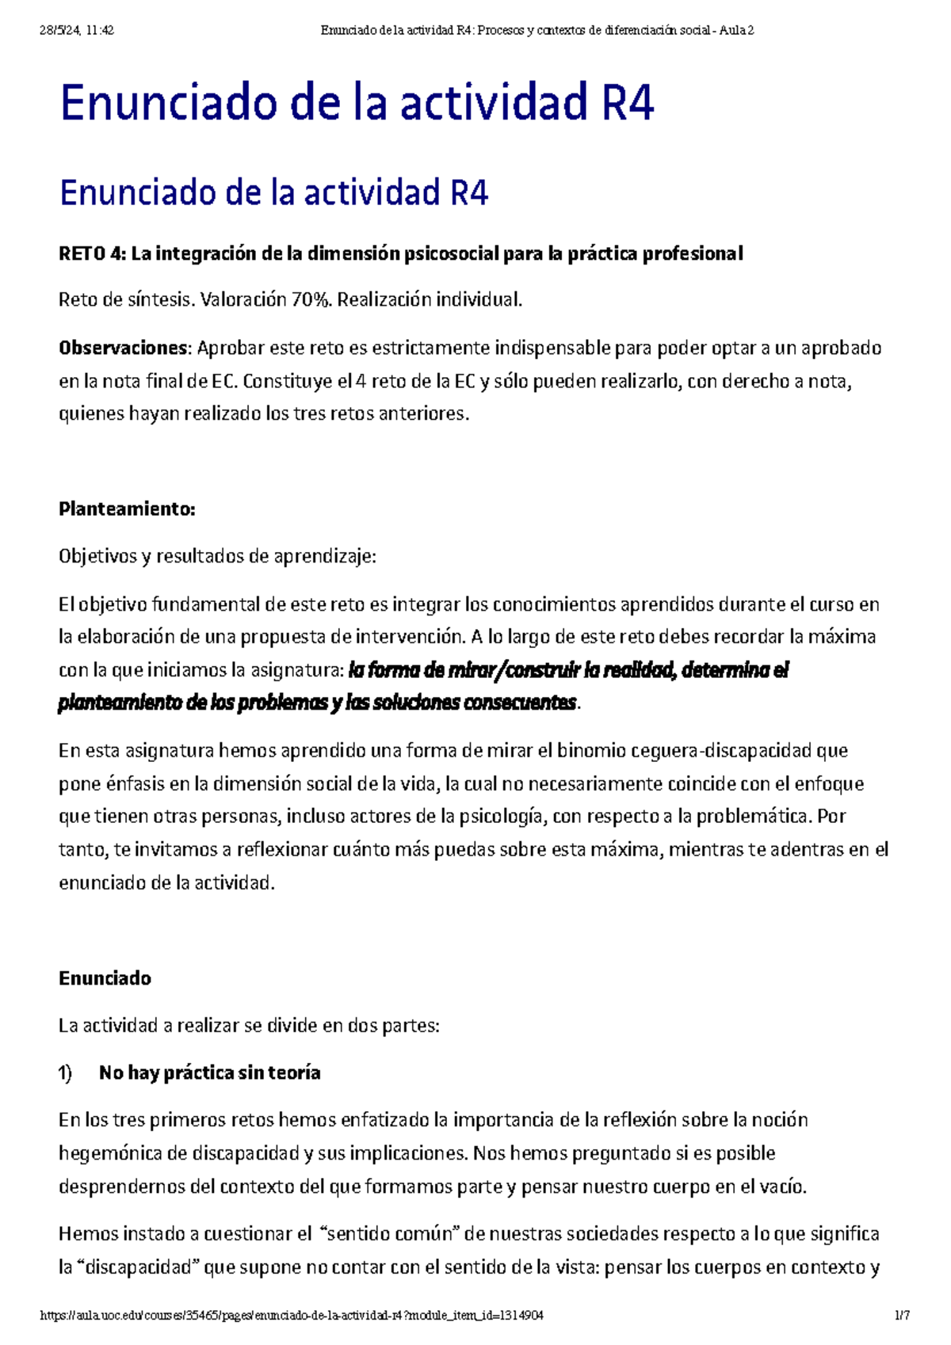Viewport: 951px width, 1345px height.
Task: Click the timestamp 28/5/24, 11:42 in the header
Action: [x=77, y=31]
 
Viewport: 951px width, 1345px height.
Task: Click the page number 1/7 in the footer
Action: [x=901, y=1316]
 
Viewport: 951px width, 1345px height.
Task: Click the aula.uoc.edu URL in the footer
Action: [x=292, y=1316]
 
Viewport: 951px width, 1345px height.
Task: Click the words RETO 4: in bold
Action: [x=92, y=253]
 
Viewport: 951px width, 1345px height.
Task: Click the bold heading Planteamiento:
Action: [x=127, y=509]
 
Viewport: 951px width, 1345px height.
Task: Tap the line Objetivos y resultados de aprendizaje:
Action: [x=217, y=557]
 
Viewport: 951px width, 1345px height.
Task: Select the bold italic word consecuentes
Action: [x=520, y=703]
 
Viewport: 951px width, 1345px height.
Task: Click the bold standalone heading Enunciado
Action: [x=105, y=978]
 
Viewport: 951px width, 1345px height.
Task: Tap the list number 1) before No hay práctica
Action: [x=65, y=1073]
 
